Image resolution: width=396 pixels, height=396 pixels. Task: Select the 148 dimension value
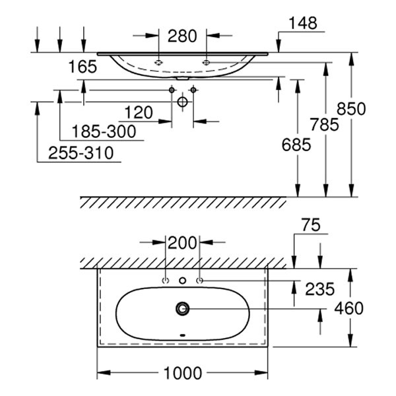click(303, 22)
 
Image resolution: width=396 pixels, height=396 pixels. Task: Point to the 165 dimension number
click(82, 66)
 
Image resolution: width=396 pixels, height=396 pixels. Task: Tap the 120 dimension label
click(138, 112)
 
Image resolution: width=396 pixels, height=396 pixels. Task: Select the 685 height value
click(295, 145)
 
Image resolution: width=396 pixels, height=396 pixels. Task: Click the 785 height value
click(324, 124)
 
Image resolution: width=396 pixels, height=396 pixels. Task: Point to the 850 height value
click(351, 108)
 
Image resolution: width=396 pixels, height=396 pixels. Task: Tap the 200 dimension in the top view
click(182, 242)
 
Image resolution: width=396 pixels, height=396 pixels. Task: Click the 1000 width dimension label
click(182, 374)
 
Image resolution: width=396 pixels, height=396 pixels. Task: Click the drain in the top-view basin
click(183, 308)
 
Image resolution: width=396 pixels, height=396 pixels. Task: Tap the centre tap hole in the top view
click(183, 280)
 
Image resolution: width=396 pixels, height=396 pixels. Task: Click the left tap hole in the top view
click(166, 280)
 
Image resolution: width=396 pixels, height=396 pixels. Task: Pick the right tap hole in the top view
click(199, 280)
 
